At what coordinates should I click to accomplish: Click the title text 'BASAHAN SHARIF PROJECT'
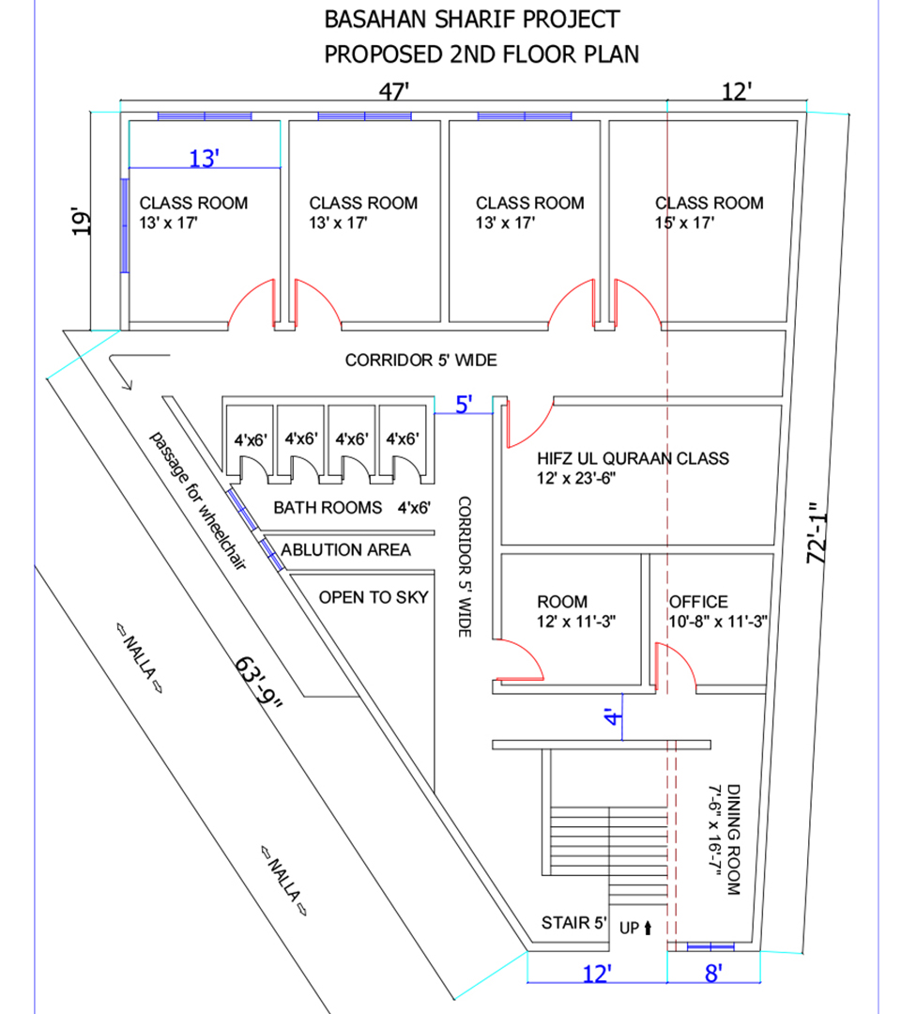[472, 20]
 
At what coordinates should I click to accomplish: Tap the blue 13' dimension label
[204, 158]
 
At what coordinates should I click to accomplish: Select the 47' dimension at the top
[393, 91]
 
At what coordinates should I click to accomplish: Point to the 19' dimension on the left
[81, 222]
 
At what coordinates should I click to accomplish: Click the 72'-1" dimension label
[817, 533]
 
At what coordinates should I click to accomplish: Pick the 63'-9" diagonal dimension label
[258, 683]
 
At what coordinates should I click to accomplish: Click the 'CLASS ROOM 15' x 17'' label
[709, 213]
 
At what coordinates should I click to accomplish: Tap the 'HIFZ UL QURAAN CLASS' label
[633, 458]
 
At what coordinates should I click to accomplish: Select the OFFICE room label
[698, 602]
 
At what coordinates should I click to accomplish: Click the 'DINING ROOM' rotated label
[734, 839]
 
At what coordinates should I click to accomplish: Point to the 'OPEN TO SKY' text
[374, 597]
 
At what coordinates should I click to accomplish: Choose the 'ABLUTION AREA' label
[345, 549]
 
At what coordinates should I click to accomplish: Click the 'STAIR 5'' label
[574, 923]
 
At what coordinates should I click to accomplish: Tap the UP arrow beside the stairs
[648, 928]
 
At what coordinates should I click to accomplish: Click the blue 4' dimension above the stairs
[614, 716]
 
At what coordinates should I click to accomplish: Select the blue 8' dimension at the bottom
[713, 973]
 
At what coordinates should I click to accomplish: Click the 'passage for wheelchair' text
[198, 501]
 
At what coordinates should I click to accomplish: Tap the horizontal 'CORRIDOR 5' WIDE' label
[420, 361]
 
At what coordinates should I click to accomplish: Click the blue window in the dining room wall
[710, 946]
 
